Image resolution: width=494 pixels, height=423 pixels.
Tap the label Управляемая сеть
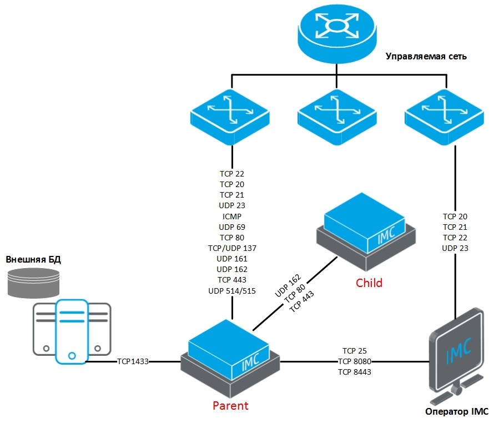(x=426, y=57)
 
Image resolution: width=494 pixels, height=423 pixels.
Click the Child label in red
(x=369, y=283)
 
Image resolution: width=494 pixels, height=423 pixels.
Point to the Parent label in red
(x=231, y=405)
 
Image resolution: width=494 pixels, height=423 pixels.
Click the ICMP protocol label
(x=232, y=216)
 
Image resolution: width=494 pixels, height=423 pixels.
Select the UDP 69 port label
(x=232, y=227)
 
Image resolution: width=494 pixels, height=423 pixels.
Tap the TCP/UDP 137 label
(x=232, y=248)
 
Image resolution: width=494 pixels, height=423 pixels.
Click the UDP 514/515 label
(x=232, y=290)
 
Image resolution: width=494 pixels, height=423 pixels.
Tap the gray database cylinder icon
(x=33, y=281)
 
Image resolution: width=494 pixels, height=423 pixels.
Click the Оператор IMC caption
(x=456, y=411)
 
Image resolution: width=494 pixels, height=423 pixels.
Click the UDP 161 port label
(x=232, y=259)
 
